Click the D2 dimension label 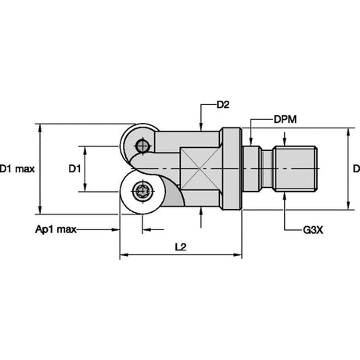click(x=223, y=105)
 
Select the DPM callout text click(x=285, y=120)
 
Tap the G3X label click(x=313, y=230)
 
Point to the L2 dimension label click(x=181, y=247)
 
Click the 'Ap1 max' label click(x=56, y=229)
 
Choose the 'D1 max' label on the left click(x=17, y=169)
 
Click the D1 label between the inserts click(x=74, y=169)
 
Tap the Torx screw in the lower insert click(x=142, y=191)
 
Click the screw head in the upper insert click(x=142, y=146)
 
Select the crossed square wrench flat click(x=201, y=168)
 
